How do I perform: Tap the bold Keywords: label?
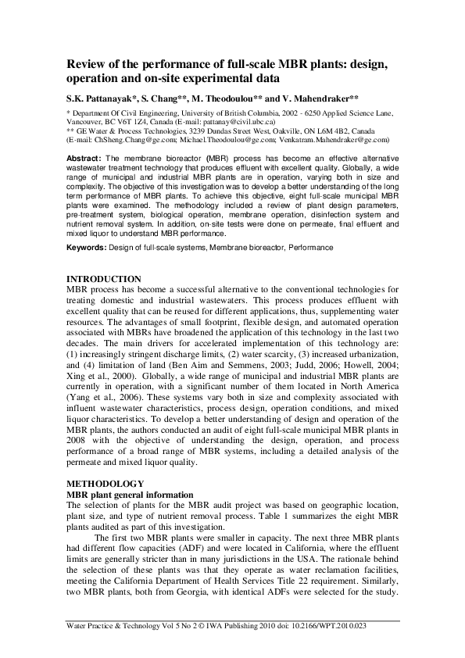(85, 248)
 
